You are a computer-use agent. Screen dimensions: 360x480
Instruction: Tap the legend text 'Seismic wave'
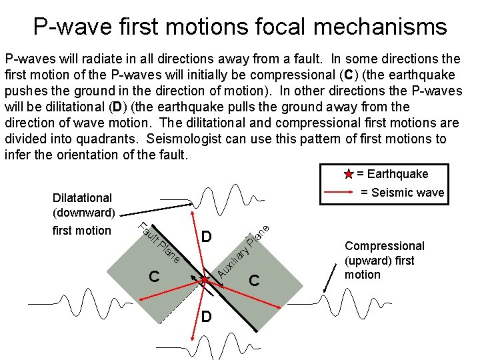tap(402, 193)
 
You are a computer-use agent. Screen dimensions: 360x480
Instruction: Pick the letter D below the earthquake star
tap(207, 315)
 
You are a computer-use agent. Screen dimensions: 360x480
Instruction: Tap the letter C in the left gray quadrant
tap(154, 277)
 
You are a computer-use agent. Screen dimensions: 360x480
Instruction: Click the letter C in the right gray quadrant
tap(253, 280)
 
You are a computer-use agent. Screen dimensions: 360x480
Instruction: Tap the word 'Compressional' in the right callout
tap(384, 246)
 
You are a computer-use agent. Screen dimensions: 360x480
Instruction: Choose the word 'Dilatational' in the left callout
tap(83, 198)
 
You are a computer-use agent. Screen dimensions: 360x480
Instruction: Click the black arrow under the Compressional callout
tap(331, 277)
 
